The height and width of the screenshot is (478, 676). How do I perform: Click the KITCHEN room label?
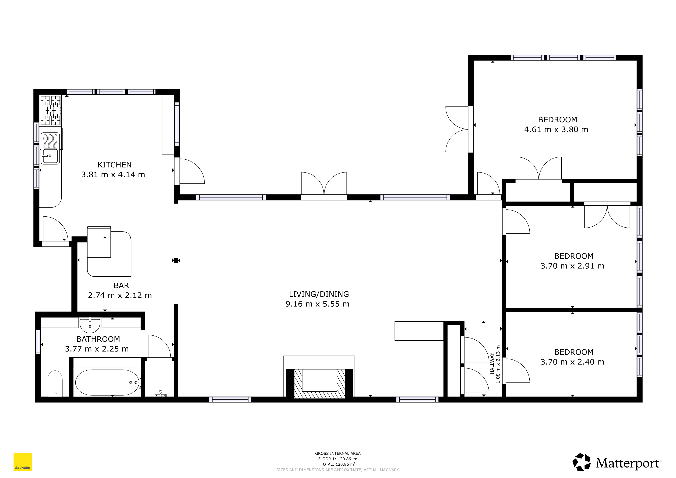(x=115, y=165)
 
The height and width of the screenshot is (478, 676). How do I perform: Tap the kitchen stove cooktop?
(x=50, y=110)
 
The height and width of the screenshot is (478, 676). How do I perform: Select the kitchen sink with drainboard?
(x=50, y=148)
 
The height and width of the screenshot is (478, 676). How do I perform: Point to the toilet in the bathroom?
(x=55, y=383)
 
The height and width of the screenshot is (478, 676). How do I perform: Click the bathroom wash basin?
(x=90, y=325)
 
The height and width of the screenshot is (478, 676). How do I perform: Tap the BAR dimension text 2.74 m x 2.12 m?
(x=120, y=295)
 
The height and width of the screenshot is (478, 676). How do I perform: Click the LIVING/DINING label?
(x=319, y=294)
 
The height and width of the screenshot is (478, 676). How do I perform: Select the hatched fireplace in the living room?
(x=320, y=384)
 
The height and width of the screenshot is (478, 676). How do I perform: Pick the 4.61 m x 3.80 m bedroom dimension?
(x=556, y=130)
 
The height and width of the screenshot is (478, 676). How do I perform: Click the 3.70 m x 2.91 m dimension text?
(x=572, y=266)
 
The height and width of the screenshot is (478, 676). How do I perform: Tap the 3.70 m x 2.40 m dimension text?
(x=572, y=362)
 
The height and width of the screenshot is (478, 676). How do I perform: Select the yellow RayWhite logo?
(x=23, y=462)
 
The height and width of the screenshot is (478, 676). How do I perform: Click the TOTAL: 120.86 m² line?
(x=338, y=464)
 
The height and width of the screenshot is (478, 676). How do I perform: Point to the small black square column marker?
(x=176, y=260)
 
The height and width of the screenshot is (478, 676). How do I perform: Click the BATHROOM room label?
(x=98, y=339)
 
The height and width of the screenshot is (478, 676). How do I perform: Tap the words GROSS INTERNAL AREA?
(x=338, y=453)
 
